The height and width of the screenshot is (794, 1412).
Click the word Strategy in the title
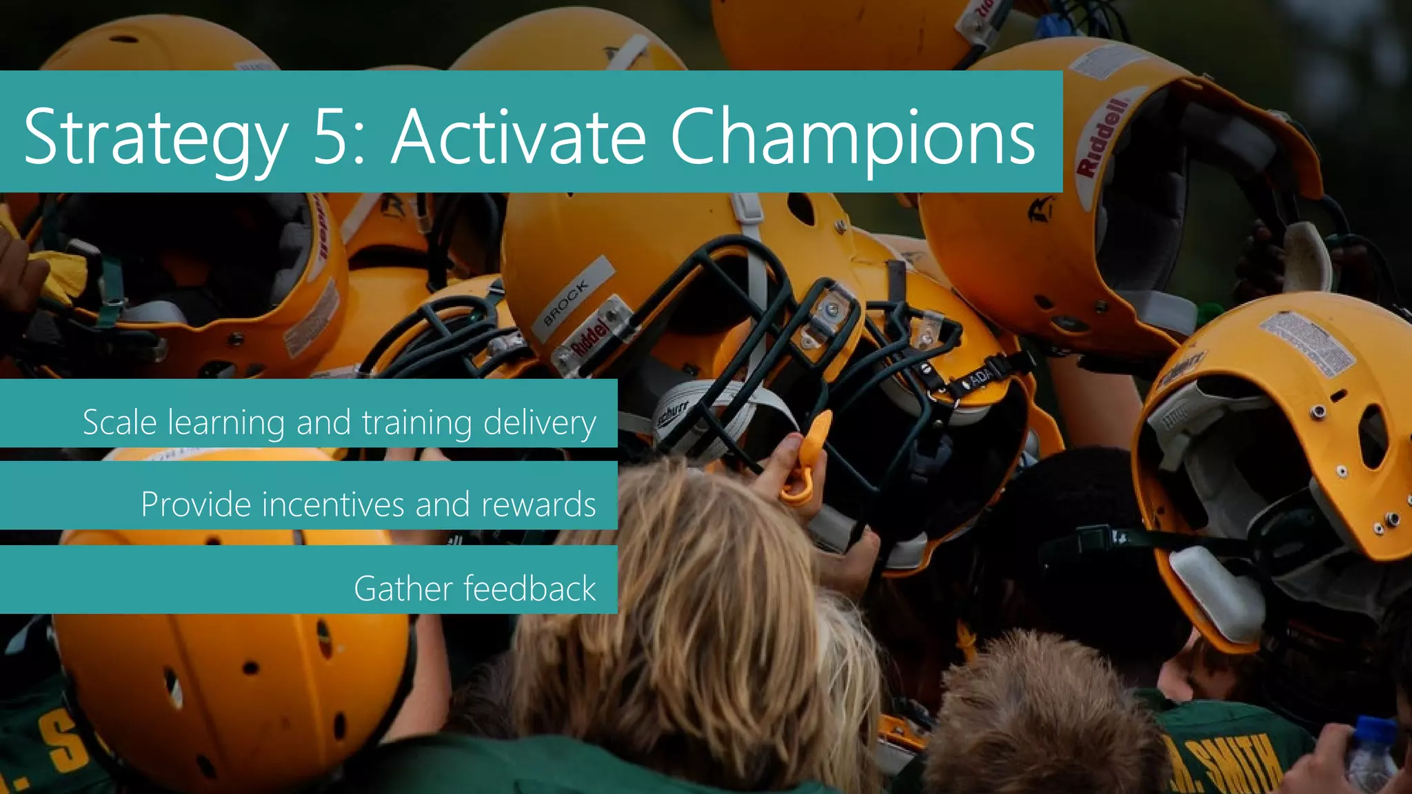pos(156,138)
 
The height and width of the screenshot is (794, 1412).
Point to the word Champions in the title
pos(852,138)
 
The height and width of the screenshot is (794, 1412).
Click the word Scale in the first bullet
pos(119,422)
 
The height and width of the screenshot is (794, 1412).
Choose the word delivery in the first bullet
pos(540,423)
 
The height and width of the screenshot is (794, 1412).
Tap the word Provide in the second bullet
pos(196,505)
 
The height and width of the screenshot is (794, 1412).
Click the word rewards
pos(538,505)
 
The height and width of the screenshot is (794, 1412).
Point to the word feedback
pos(529,588)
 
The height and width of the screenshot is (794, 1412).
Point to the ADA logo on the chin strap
pos(980,378)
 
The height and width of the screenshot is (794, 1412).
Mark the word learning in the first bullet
pos(226,423)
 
